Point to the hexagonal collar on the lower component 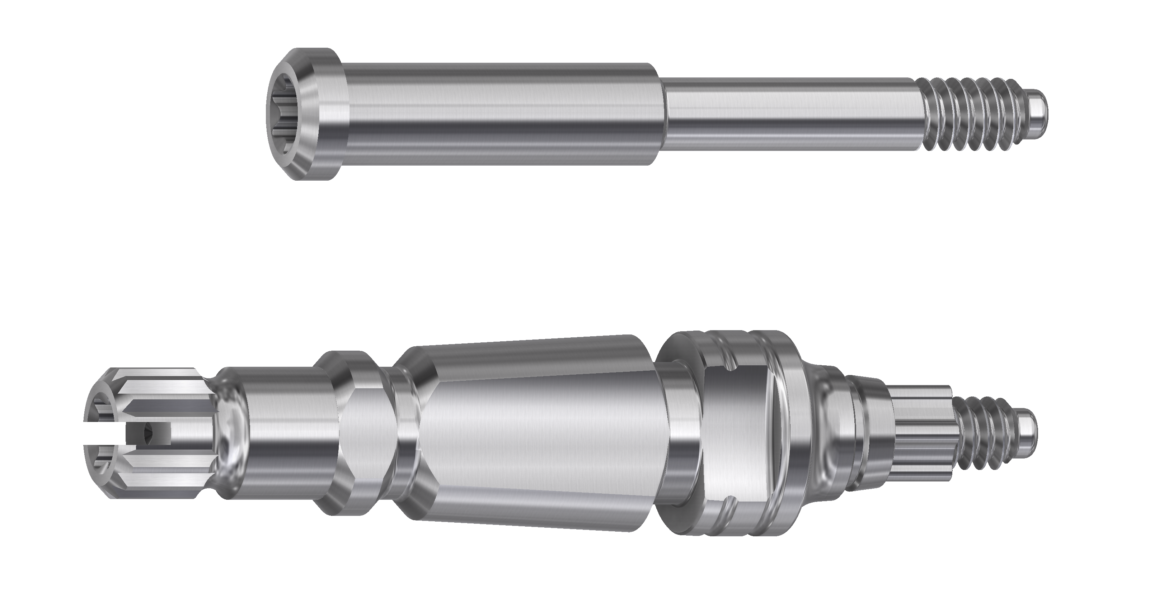click(x=360, y=432)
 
